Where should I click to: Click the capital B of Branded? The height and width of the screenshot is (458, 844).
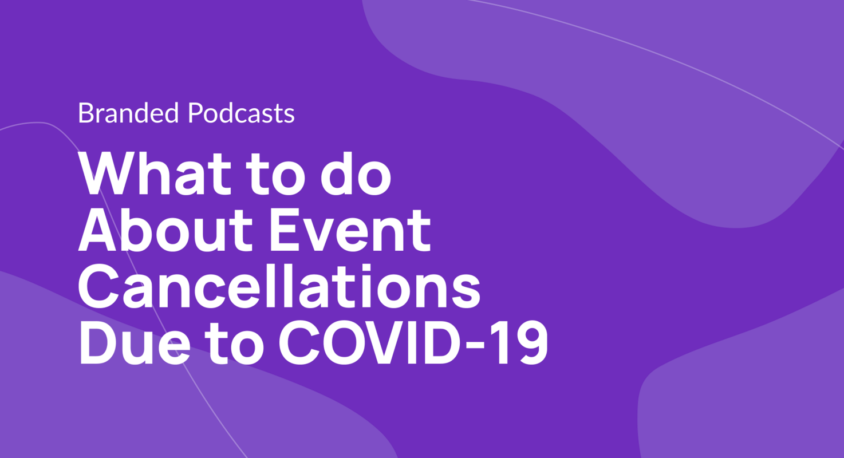(84, 114)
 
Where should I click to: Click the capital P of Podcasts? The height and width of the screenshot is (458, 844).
(195, 114)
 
